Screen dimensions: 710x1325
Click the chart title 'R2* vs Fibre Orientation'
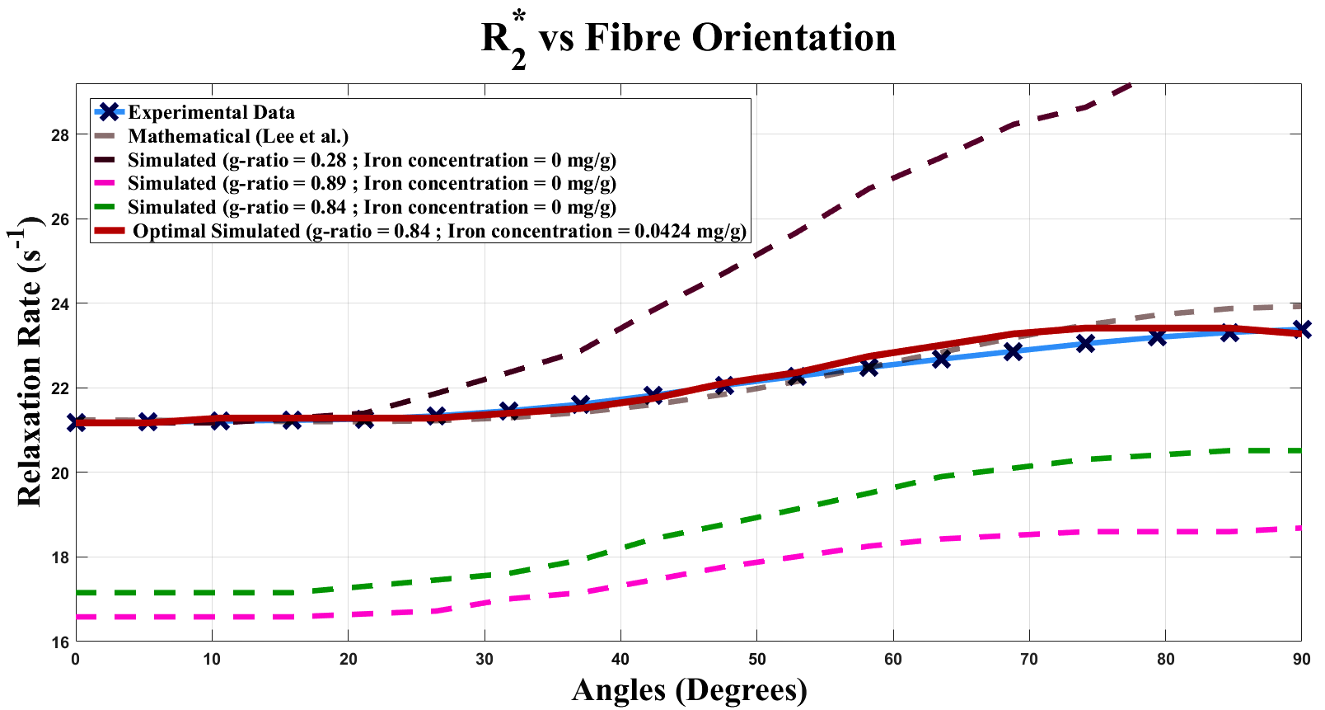tap(688, 39)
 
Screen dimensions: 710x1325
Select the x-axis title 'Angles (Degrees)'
tap(689, 689)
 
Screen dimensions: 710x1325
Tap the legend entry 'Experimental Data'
tap(211, 112)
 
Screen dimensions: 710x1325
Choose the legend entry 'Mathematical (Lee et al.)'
tap(238, 136)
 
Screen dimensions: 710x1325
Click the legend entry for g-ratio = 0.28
tap(372, 160)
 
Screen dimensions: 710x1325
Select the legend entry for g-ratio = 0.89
tap(372, 183)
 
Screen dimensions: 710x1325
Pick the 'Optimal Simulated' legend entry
tap(439, 231)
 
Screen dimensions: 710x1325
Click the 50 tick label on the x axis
tap(756, 659)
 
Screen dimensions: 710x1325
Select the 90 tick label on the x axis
tap(1300, 659)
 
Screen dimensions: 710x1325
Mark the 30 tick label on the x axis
tap(485, 659)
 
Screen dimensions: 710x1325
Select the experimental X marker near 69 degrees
tap(1013, 351)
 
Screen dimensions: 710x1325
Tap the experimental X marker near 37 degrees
tap(580, 403)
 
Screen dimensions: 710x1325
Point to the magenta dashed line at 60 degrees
tap(892, 544)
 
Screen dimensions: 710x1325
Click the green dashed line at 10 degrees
tap(212, 593)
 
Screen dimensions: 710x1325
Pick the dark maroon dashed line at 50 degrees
tap(756, 255)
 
